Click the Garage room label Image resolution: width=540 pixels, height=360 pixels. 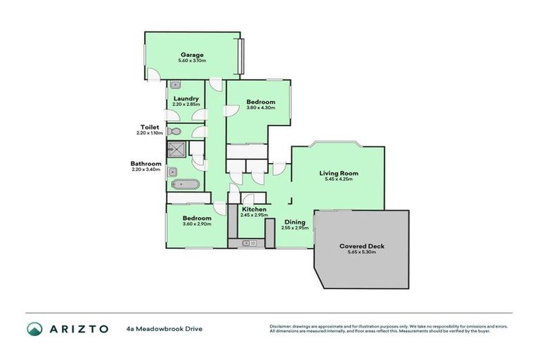tap(192, 55)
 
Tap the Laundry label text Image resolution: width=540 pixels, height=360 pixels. tap(186, 98)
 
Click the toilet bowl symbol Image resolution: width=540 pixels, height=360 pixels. tap(176, 131)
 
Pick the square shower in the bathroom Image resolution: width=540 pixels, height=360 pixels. tap(175, 148)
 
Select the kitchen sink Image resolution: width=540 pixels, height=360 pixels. tap(247, 243)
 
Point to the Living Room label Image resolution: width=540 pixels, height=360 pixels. tap(339, 173)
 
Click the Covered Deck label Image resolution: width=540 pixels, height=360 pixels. tap(361, 246)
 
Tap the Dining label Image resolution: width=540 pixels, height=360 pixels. tap(295, 222)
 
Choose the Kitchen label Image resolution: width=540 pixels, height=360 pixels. tap(254, 210)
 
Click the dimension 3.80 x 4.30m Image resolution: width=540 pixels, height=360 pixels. tap(260, 108)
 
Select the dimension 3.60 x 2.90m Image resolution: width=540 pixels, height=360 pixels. tap(197, 224)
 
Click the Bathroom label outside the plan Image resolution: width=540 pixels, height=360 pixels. tap(146, 164)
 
